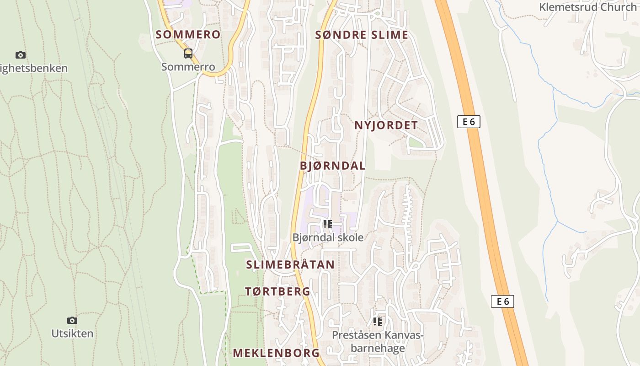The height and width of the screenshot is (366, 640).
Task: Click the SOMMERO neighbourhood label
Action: (x=188, y=34)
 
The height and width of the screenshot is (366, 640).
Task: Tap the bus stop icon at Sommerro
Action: (x=188, y=54)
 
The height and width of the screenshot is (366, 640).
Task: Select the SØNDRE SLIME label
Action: (x=362, y=35)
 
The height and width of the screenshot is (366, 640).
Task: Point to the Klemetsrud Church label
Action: (x=589, y=7)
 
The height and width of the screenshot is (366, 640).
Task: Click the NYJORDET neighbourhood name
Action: (x=386, y=125)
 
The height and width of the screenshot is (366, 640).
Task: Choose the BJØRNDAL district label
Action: (x=333, y=166)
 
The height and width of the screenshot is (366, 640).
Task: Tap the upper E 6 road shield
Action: (x=469, y=122)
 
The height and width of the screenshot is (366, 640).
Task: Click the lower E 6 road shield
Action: (x=502, y=301)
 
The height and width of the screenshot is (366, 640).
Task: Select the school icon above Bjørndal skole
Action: (x=328, y=224)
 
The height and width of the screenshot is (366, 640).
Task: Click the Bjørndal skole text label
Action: (x=328, y=237)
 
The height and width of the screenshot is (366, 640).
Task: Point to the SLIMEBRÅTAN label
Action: (x=290, y=264)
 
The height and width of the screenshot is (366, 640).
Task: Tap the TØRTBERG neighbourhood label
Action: (x=277, y=291)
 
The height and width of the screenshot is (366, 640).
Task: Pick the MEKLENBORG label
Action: (x=276, y=353)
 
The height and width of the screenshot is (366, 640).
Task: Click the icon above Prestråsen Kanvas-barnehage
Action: (x=378, y=322)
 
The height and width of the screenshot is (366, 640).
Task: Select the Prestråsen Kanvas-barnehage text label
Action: (x=378, y=342)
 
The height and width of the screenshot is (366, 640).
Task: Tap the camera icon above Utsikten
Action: (x=72, y=320)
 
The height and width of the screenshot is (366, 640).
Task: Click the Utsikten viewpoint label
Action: (x=72, y=334)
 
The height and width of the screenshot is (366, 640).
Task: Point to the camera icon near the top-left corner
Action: (x=21, y=55)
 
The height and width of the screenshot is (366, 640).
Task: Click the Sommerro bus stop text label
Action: (x=188, y=67)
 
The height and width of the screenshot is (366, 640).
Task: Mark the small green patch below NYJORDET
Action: (x=416, y=143)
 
